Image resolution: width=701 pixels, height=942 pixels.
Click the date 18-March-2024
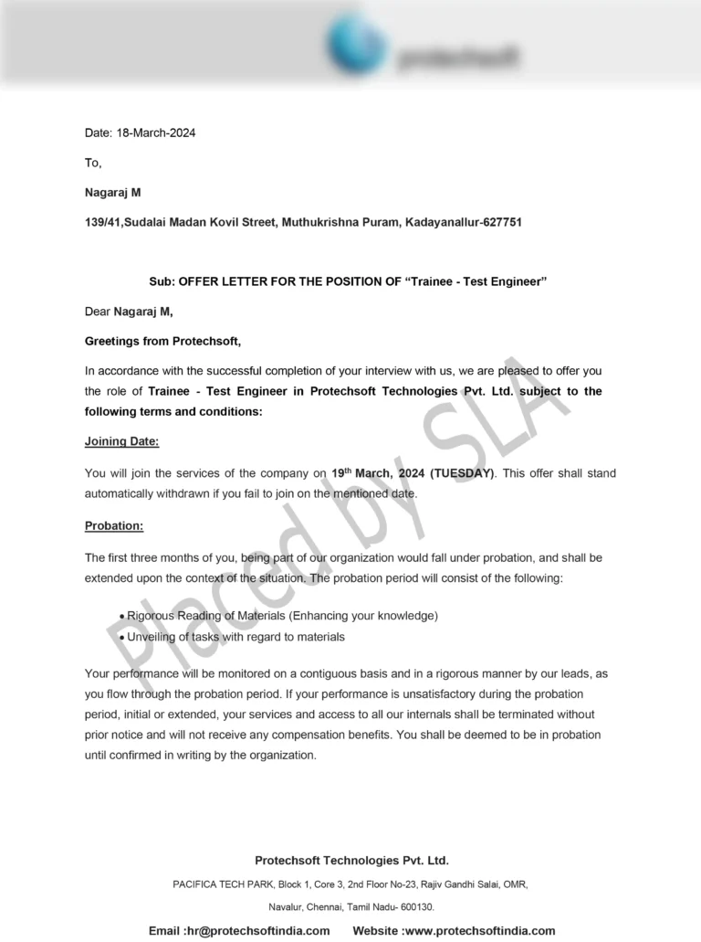(x=156, y=132)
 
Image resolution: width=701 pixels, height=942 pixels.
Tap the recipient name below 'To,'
(x=113, y=193)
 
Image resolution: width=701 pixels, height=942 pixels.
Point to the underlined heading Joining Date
(x=121, y=442)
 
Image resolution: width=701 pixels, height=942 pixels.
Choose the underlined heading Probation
(x=114, y=525)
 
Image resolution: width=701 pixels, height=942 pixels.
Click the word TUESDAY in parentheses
(x=464, y=473)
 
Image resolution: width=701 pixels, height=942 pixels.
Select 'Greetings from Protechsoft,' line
(x=163, y=341)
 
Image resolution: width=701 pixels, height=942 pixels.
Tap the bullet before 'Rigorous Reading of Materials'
(x=121, y=617)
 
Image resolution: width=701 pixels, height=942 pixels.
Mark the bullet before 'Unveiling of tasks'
(x=121, y=637)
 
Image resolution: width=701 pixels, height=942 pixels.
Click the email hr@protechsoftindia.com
(x=264, y=930)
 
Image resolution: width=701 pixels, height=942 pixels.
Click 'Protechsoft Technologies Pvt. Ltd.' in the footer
(x=351, y=860)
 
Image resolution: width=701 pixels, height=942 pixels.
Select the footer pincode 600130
(x=415, y=906)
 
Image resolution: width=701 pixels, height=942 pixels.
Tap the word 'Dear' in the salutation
(x=98, y=312)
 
